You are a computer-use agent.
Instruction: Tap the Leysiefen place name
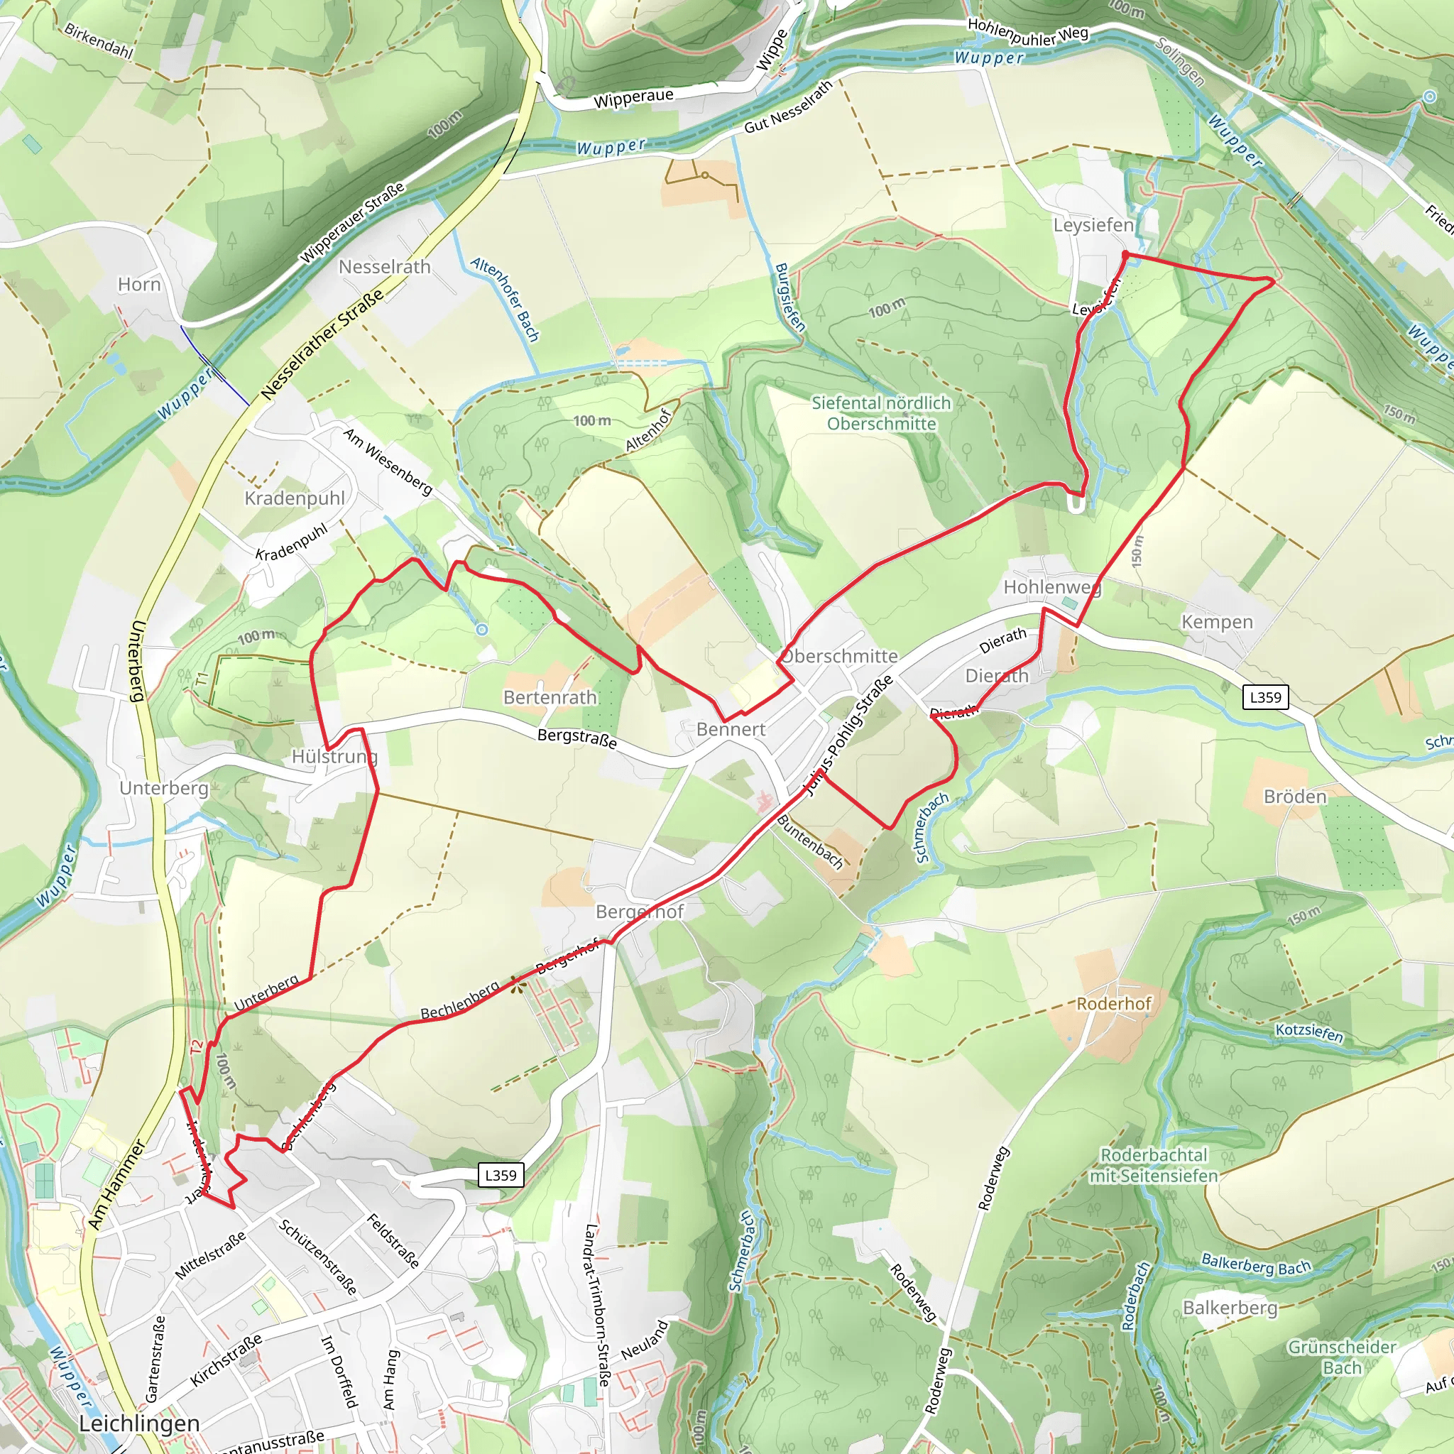point(1093,225)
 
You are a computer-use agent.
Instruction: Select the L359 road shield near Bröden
point(1265,697)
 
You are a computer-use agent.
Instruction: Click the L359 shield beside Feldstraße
point(501,1175)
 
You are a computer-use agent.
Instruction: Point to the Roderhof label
point(1114,1003)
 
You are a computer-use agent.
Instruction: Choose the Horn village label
point(139,285)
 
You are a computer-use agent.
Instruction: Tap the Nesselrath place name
point(385,267)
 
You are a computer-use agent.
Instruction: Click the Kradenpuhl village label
point(294,498)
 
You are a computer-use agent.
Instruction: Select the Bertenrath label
point(550,698)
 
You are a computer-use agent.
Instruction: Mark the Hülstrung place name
point(334,756)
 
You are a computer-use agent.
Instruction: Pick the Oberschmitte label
point(839,656)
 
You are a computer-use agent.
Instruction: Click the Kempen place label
point(1217,623)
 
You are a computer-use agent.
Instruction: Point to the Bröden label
point(1294,797)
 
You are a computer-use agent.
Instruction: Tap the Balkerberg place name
point(1230,1308)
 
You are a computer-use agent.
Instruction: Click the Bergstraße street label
point(577,738)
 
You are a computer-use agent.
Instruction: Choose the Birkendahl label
point(99,41)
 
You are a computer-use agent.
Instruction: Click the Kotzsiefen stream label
point(1308,1032)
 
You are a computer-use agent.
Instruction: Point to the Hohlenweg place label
point(1052,587)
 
